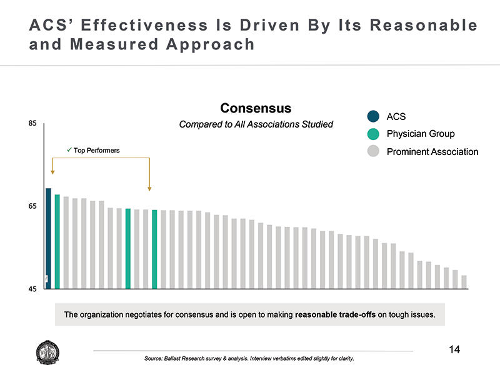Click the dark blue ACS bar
point(48,238)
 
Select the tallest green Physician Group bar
point(57,241)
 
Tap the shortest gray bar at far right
point(464,282)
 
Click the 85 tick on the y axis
point(32,124)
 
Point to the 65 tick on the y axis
point(32,206)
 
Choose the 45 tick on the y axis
point(32,289)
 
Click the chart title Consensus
point(256,108)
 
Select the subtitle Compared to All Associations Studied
point(256,124)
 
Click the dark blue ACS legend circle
point(374,116)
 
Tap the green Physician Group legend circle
point(374,134)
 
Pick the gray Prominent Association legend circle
point(374,152)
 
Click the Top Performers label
point(96,150)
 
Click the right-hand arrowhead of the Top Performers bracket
point(149,188)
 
